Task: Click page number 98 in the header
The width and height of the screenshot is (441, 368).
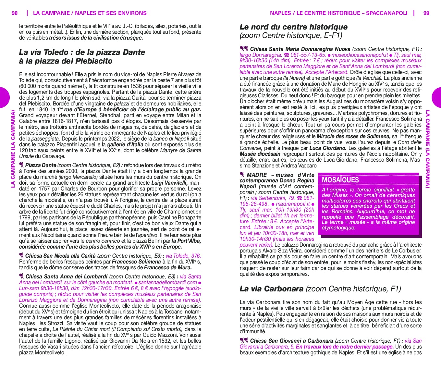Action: (15, 13)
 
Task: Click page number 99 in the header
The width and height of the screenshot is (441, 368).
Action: (426, 13)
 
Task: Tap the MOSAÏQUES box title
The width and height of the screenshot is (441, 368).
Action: (340, 180)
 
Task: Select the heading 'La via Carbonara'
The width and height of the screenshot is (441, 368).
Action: (272, 288)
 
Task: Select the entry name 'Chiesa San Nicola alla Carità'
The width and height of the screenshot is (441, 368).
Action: (60, 256)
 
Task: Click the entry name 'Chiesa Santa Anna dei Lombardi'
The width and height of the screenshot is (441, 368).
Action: (66, 276)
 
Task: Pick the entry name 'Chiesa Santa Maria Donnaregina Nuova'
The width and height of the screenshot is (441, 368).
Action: (300, 49)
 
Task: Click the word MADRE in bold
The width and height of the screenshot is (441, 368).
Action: (257, 175)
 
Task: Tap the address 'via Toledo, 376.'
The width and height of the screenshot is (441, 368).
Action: (183, 256)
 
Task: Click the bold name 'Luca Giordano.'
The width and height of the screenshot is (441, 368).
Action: (328, 148)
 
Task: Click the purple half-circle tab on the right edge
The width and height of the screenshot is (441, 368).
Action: (437, 97)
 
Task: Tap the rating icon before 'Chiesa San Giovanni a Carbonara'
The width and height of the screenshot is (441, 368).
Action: (244, 341)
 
